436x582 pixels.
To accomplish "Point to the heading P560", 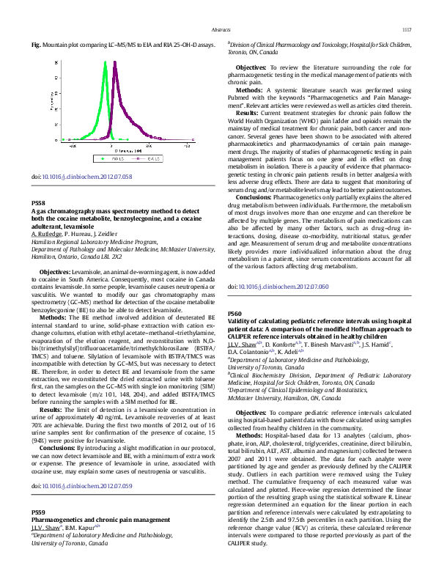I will tap(235, 312).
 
